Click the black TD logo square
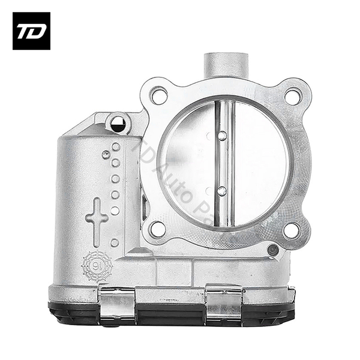(x=31, y=31)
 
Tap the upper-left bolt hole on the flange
(x=158, y=95)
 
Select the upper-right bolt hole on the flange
(x=292, y=95)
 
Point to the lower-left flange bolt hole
(x=157, y=229)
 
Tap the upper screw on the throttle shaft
(x=222, y=136)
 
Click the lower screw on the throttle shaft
(x=221, y=191)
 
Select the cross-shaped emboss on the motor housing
(x=97, y=217)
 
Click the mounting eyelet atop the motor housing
(x=118, y=124)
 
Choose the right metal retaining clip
(x=223, y=304)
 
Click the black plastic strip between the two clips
(x=171, y=313)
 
